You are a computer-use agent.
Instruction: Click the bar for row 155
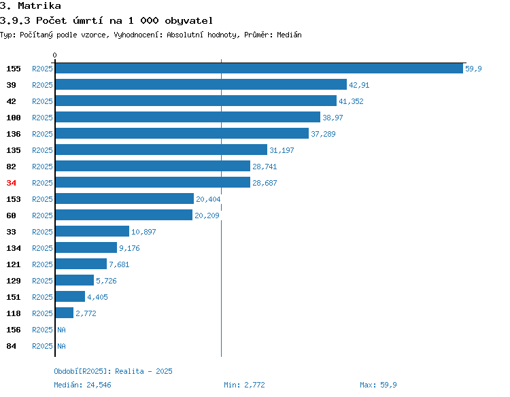[x=259, y=68]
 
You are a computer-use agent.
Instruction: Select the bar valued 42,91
[x=201, y=84]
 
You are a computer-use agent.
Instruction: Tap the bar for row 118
[x=65, y=313]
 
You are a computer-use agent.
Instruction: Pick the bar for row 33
[x=92, y=231]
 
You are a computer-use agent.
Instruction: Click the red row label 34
[x=11, y=183]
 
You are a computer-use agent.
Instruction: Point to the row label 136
[x=14, y=134]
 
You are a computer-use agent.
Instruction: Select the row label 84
[x=11, y=346]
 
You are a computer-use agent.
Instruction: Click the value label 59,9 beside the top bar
[x=473, y=69]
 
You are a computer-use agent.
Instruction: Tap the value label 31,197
[x=282, y=150]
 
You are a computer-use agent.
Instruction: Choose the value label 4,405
[x=97, y=297]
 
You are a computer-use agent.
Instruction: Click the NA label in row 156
[x=61, y=330]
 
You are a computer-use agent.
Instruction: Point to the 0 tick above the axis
[x=54, y=55]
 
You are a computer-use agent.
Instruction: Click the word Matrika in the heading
[x=39, y=5]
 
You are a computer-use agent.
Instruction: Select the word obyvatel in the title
[x=188, y=20]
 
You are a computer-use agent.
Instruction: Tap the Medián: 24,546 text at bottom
[x=82, y=385]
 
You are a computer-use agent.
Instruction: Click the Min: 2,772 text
[x=244, y=385]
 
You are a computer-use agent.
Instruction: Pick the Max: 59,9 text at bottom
[x=378, y=385]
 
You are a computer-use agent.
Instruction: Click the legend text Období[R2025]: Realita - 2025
[x=113, y=371]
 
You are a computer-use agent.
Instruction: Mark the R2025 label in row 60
[x=42, y=215]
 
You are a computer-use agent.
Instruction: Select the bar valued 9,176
[x=86, y=247]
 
